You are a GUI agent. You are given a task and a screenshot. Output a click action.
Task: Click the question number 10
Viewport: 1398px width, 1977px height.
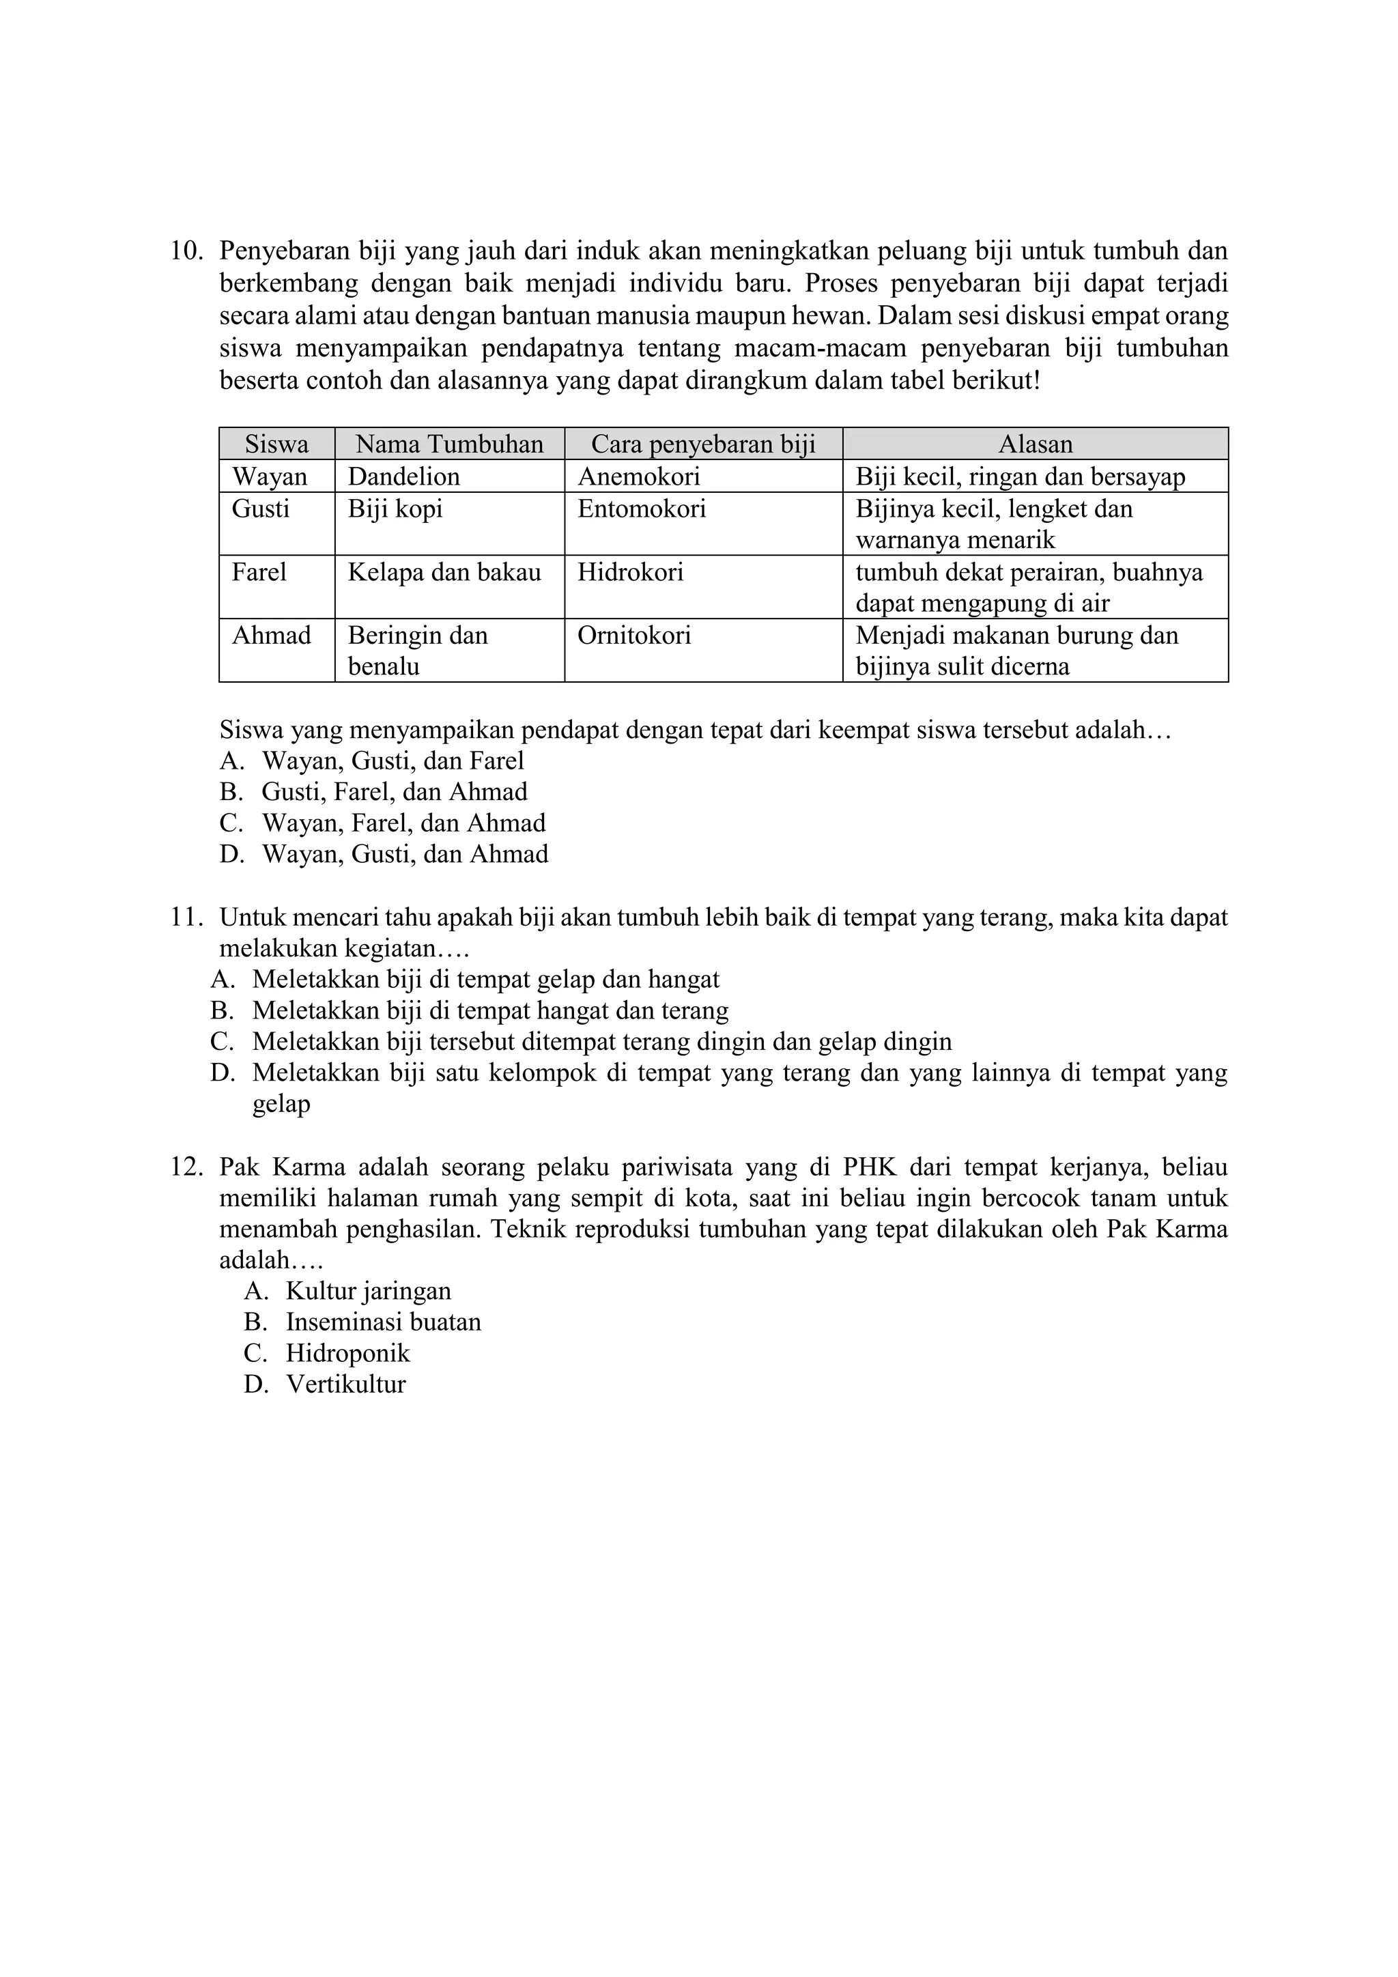187,251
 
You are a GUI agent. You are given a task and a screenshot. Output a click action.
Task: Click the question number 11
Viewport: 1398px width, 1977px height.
187,918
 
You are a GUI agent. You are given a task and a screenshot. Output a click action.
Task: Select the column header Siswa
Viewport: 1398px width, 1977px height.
276,444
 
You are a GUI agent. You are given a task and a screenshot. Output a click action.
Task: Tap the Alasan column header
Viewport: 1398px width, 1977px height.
1035,444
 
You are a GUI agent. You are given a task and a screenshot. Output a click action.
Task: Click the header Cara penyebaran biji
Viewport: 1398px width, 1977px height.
702,444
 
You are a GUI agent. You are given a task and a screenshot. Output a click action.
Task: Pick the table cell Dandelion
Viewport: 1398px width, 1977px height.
403,477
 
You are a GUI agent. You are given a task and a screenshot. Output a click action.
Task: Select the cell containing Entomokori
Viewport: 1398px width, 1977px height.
642,509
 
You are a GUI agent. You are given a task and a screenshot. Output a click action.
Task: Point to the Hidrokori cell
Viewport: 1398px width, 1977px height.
630,573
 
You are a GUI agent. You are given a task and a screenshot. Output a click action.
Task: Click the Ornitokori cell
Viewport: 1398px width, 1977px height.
633,636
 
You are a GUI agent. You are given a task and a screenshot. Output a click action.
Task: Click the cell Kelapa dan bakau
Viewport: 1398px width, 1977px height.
444,573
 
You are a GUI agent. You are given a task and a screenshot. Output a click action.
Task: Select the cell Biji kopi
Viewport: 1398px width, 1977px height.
395,509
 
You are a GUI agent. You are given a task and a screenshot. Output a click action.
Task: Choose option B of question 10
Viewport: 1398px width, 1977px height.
395,792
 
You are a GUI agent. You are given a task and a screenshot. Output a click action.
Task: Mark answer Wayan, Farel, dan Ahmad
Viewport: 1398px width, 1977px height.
403,823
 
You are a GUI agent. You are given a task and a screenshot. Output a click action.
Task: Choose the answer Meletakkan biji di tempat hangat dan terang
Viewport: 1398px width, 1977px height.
490,1011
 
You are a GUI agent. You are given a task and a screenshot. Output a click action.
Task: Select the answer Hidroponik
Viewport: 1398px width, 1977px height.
347,1354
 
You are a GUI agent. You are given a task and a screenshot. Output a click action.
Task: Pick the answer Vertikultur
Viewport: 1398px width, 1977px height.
345,1384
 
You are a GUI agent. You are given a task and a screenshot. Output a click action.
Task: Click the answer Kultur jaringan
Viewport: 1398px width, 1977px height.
369,1292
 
